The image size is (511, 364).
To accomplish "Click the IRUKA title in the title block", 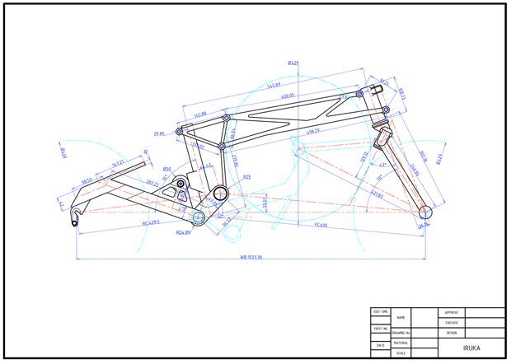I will tap(471, 348).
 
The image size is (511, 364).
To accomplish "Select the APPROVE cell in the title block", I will tap(452, 313).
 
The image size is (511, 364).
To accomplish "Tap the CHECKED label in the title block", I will tap(452, 323).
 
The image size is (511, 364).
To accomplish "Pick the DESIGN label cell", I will tap(452, 333).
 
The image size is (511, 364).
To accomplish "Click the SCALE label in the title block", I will tap(401, 353).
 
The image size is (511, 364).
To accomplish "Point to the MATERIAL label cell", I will tap(401, 343).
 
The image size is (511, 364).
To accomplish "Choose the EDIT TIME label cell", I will tap(381, 312).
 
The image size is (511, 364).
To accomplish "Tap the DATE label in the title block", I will tap(381, 346).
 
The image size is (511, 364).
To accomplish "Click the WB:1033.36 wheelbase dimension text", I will tap(251, 257).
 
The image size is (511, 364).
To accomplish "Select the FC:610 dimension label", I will tap(321, 224).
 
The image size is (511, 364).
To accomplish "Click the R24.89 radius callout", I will tap(183, 233).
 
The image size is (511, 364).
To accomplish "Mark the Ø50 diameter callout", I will tap(166, 169).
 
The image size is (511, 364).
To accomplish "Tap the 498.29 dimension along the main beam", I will tap(313, 131).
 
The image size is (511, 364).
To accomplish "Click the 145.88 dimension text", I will tap(199, 115).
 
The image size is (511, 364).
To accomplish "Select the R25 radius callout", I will tap(246, 176).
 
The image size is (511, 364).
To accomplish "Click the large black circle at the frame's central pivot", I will tap(221, 194).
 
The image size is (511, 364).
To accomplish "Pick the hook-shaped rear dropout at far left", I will tap(76, 217).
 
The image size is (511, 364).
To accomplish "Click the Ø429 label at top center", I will tap(293, 63).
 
